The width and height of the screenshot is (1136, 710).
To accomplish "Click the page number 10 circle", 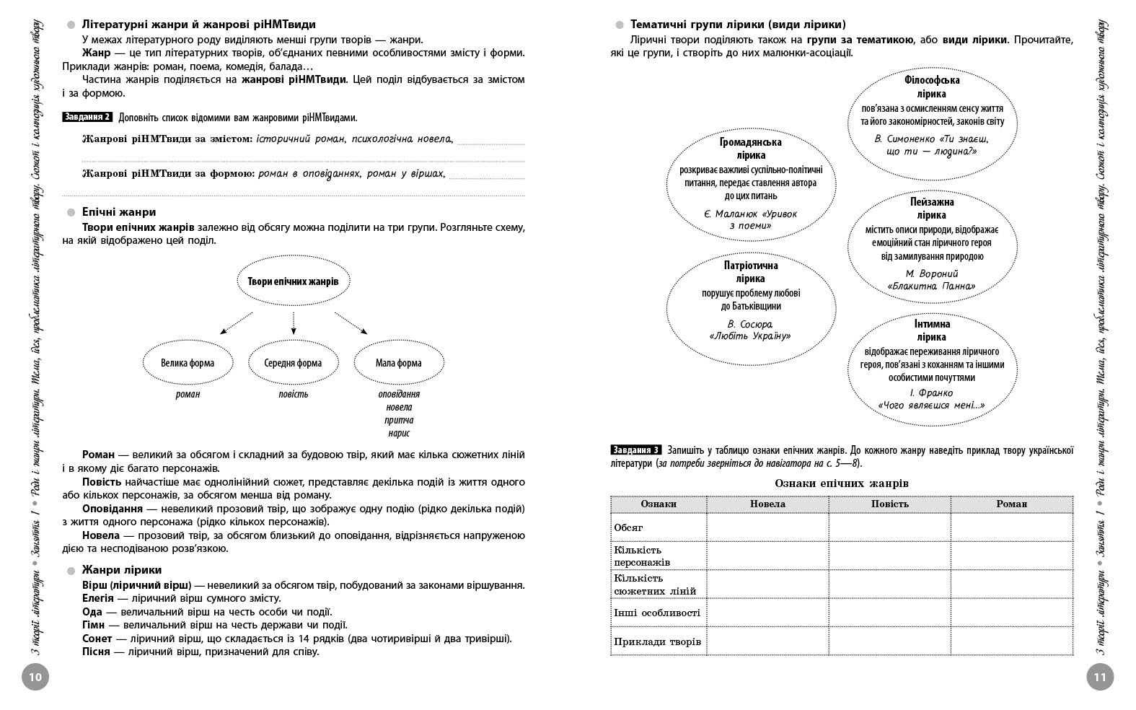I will point(35,677).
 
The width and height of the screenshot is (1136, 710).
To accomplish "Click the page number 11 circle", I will point(1099,677).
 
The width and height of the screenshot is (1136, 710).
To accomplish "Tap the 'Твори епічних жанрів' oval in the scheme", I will point(293,281).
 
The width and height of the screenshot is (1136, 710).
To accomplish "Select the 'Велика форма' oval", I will point(188,363).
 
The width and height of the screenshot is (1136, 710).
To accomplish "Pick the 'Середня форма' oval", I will point(293,363).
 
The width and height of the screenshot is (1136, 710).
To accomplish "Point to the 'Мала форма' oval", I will point(398,363).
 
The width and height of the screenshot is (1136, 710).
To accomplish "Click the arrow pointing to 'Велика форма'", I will point(235,323).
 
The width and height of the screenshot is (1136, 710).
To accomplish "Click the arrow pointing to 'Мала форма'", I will point(351,323).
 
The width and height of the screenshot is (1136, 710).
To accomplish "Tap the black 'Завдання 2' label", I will point(87,117).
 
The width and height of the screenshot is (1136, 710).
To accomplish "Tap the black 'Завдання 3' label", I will point(635,450).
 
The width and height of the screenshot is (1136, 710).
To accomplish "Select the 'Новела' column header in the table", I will point(767,504).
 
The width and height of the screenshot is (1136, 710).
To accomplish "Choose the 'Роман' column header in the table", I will point(1011,504).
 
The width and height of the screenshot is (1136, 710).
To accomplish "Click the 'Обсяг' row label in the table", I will point(629,527).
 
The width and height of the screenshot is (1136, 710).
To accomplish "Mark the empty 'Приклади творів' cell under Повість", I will point(889,641).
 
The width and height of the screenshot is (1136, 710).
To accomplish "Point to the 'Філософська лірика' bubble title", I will point(931,87).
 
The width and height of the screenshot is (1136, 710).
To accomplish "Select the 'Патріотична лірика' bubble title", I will point(750,271).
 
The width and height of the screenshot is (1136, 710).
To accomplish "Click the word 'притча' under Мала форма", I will point(399,420).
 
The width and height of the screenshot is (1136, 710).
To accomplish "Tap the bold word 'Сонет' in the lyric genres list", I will point(97,639).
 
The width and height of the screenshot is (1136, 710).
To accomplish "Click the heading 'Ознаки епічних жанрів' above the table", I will point(842,483).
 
